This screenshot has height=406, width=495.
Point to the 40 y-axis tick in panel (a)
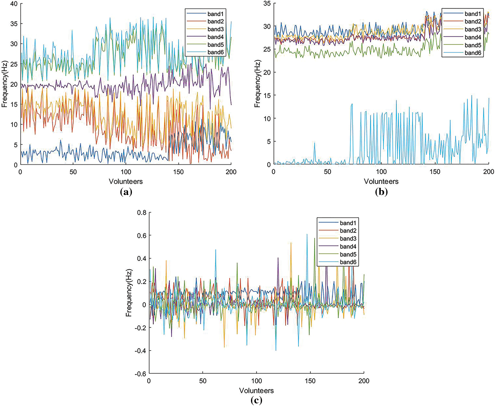coord(14,4)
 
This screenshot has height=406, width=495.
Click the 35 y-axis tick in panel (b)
coord(267,3)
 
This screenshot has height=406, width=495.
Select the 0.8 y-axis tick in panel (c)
coord(142,213)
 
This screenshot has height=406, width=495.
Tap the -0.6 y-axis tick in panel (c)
coord(140,374)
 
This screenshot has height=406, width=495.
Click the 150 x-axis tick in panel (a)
coord(178,172)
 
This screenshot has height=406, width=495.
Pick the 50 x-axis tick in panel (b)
coord(327,172)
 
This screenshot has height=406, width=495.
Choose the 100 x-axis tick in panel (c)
coord(256,381)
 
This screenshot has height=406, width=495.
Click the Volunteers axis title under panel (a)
coord(125,181)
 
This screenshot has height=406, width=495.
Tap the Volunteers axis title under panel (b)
coord(381,181)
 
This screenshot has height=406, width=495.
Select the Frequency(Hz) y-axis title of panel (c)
coord(129,293)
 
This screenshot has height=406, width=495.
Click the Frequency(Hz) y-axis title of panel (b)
coord(257,84)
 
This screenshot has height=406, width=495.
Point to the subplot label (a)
coord(126,192)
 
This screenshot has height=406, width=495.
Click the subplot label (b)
coord(381,192)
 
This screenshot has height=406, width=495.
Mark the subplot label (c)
coord(256,400)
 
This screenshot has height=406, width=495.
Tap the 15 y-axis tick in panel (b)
coord(267,95)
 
